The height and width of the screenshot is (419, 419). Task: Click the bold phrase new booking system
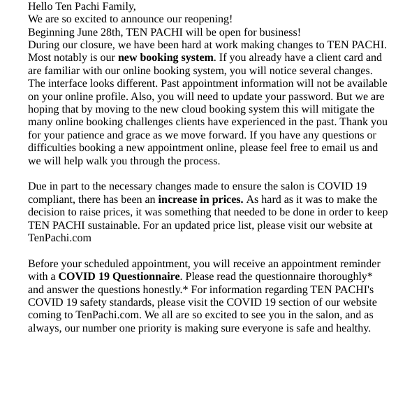pos(166,57)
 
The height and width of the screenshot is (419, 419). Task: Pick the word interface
pos(71,83)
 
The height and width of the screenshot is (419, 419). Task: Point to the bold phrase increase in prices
pos(200,199)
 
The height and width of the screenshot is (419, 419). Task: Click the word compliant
pos(53,199)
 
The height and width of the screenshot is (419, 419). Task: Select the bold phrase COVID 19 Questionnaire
pos(119,276)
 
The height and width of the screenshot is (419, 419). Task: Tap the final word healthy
pos(351,328)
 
